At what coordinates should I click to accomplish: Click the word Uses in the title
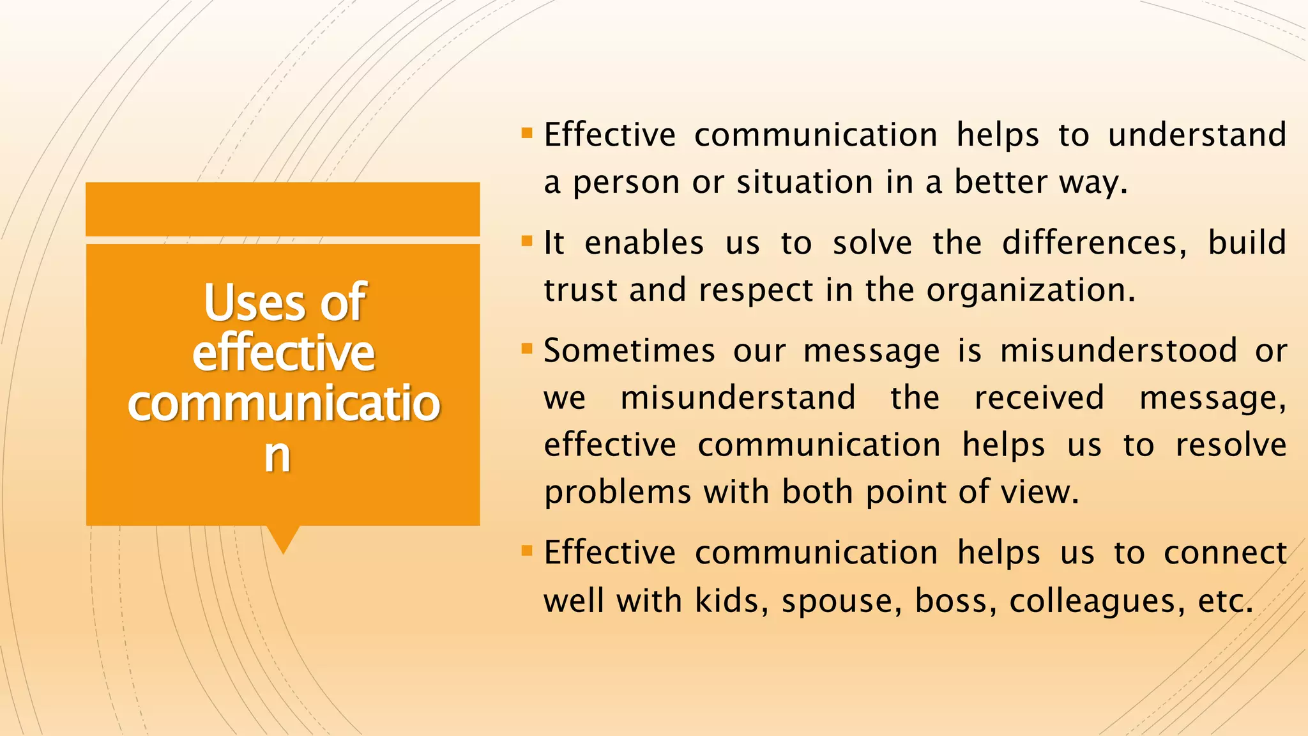pyautogui.click(x=254, y=303)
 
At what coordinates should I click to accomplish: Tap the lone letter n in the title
pyautogui.click(x=277, y=455)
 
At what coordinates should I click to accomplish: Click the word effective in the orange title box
pyautogui.click(x=283, y=353)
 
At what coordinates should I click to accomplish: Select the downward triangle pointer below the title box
pyautogui.click(x=283, y=539)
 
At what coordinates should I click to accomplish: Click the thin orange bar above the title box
pyautogui.click(x=282, y=209)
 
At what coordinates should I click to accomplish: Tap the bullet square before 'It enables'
pyautogui.click(x=527, y=241)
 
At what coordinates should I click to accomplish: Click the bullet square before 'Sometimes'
pyautogui.click(x=527, y=349)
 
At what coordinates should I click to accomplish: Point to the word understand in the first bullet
pyautogui.click(x=1197, y=135)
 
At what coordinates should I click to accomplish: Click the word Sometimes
pyautogui.click(x=629, y=351)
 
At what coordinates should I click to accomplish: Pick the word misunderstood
pyautogui.click(x=1118, y=351)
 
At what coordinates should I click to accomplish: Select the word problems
pyautogui.click(x=618, y=493)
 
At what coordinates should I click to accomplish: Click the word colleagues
pyautogui.click(x=1093, y=601)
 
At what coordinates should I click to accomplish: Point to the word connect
pyautogui.click(x=1224, y=553)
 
